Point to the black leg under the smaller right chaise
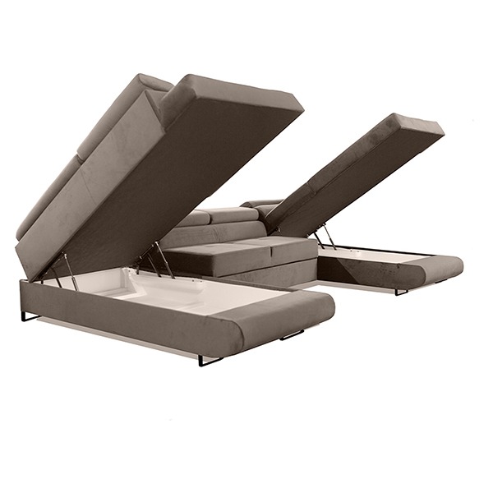tap(401, 292)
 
